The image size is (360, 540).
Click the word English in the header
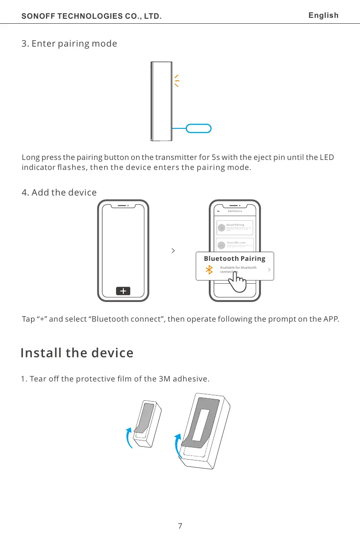[323, 16]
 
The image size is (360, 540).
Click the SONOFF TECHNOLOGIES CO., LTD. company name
[92, 17]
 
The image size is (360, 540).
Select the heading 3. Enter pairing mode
[69, 44]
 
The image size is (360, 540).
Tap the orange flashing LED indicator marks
[176, 80]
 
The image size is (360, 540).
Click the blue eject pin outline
[199, 128]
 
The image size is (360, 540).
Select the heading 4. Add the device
[59, 192]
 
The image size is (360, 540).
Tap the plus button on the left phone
[123, 291]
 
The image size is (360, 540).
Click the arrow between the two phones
[173, 251]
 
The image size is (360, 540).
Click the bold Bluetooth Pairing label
[234, 259]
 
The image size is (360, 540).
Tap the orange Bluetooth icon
[210, 270]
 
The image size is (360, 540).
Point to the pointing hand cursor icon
[237, 283]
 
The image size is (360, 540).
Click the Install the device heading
[77, 353]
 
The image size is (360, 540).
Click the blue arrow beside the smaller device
[130, 437]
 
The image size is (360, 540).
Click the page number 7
[180, 526]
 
